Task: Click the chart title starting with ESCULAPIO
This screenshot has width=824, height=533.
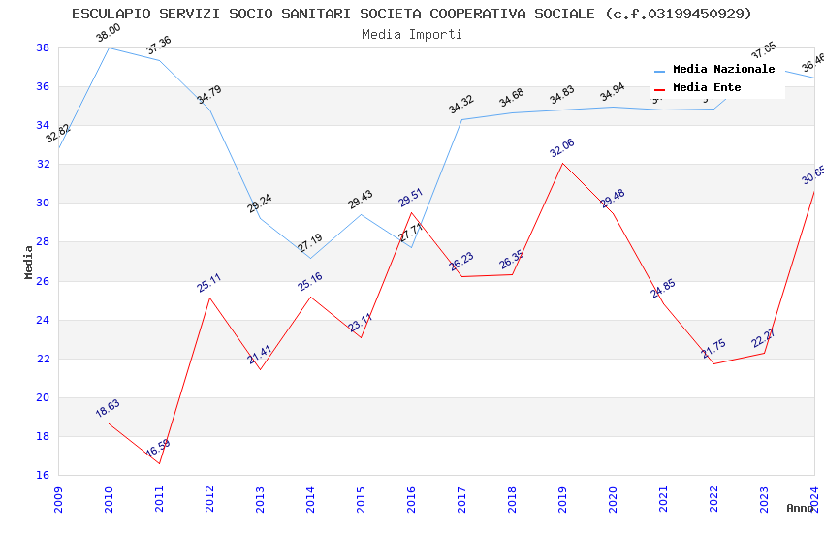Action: coord(412,14)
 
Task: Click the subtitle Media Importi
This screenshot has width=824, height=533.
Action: coord(412,34)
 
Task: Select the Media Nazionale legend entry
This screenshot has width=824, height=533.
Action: coord(723,70)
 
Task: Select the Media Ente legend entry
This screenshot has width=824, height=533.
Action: coord(707,88)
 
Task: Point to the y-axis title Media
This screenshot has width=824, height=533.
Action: coord(29,262)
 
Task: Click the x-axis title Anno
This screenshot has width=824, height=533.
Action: coord(800,508)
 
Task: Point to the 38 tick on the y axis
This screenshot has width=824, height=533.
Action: coord(43,47)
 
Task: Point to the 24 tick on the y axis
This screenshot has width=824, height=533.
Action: coord(43,320)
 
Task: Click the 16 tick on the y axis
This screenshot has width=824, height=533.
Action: coord(43,475)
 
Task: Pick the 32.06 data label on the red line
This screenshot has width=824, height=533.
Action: coord(562,148)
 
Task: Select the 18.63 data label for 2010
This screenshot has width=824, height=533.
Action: coord(108,408)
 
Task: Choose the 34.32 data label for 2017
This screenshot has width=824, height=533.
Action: coord(461,105)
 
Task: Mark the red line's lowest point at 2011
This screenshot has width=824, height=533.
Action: coord(159,463)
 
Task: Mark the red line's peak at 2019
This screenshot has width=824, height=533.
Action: coord(562,163)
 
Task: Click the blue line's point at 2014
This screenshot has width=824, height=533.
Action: coord(310,258)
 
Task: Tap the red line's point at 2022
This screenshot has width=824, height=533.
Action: coord(713,363)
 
